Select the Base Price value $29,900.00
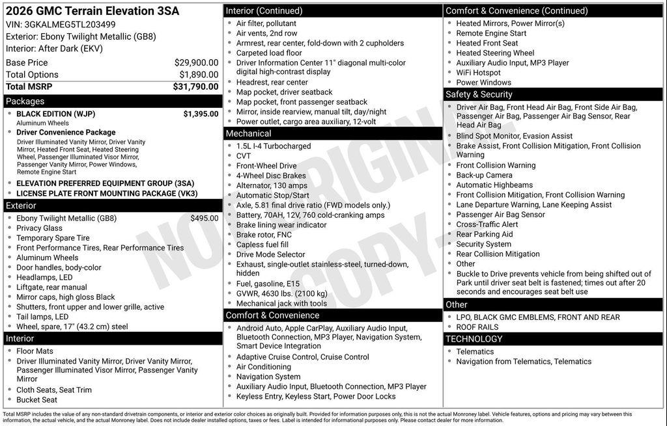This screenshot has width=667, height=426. tap(196, 62)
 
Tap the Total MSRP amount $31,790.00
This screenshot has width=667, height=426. tap(195, 87)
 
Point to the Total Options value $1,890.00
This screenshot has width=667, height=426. tap(199, 75)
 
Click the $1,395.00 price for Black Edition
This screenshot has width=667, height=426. tap(201, 114)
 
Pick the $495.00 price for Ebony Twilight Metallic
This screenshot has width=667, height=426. tap(205, 219)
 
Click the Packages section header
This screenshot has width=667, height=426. tap(25, 101)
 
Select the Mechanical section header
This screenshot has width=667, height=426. tap(248, 133)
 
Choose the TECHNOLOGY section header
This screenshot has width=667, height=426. tap(474, 339)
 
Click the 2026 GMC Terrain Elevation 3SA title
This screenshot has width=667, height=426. tap(92, 11)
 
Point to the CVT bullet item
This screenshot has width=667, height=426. tap(244, 156)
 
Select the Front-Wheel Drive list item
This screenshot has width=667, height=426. tap(266, 166)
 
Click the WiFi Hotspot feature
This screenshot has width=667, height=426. tap(478, 73)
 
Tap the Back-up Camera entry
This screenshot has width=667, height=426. tap(484, 175)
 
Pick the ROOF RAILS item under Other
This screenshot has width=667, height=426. tap(477, 327)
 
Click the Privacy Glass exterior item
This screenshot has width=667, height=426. tap(39, 228)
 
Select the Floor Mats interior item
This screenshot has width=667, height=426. tap(35, 351)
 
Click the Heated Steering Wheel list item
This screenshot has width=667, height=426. tap(495, 53)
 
